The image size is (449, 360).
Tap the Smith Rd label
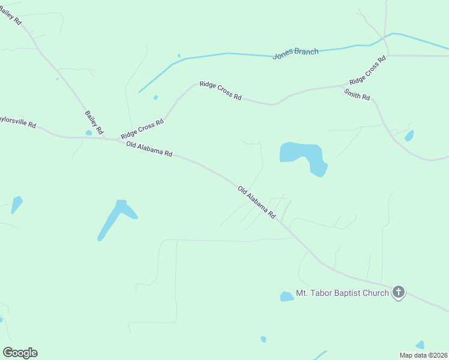coord(357,94)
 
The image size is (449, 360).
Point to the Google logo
coord(20,352)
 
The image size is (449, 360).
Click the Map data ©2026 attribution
coord(423,355)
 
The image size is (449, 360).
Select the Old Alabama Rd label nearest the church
coord(256,202)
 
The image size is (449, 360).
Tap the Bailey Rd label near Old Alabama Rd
coord(94,122)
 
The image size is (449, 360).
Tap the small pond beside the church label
coord(286,296)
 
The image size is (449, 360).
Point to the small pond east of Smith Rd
coord(409,136)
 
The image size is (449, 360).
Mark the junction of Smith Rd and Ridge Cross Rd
coord(343,86)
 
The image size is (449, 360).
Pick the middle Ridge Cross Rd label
coord(220,91)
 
